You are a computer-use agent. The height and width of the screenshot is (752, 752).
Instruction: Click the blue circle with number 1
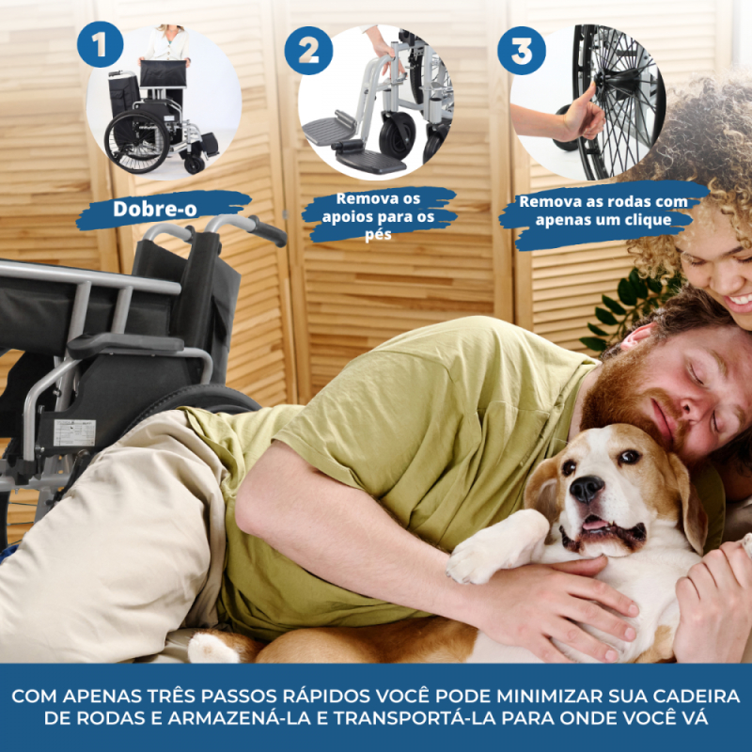tap(100, 44)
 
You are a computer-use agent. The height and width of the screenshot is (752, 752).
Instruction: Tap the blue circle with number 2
tap(308, 51)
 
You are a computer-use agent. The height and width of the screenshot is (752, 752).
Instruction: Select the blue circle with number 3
tap(522, 51)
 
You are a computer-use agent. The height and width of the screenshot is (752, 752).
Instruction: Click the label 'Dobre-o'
tap(155, 209)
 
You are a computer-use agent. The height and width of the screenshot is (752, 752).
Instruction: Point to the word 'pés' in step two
tap(378, 235)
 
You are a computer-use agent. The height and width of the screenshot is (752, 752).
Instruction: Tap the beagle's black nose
tap(586, 489)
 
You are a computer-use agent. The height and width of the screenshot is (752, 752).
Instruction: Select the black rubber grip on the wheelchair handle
tap(268, 230)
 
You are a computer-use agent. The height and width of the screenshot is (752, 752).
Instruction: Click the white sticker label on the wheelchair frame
tap(74, 432)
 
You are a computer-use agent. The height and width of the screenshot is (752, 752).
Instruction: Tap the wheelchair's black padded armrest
tap(126, 343)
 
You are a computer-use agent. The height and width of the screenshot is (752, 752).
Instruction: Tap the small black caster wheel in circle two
tap(397, 133)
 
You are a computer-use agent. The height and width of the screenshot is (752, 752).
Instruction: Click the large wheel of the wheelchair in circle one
tap(136, 142)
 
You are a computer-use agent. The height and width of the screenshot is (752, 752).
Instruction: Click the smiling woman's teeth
tap(741, 300)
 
